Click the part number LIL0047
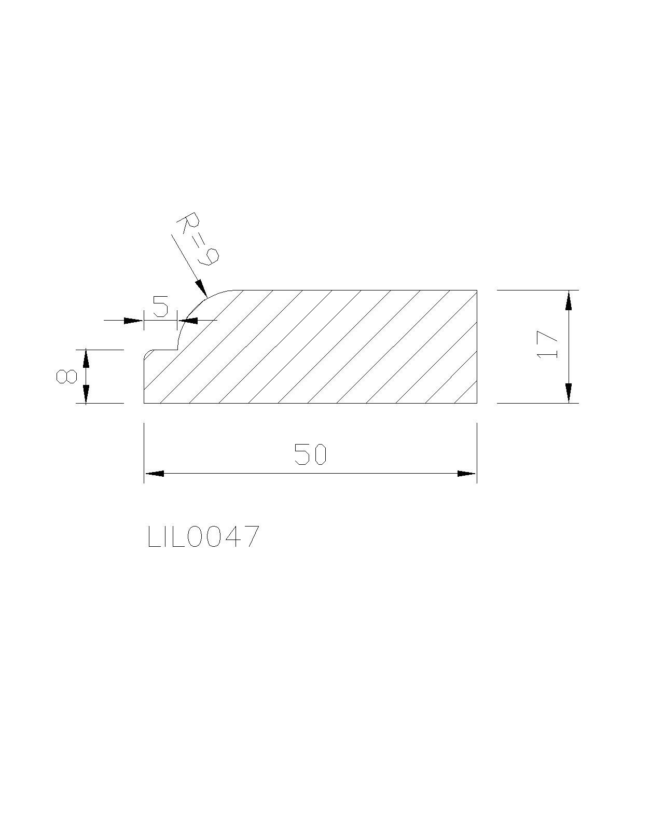click(203, 536)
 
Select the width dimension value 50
click(310, 454)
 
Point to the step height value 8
click(66, 376)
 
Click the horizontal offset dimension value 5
click(161, 306)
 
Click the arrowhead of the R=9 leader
click(202, 288)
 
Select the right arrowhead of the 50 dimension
click(466, 473)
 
